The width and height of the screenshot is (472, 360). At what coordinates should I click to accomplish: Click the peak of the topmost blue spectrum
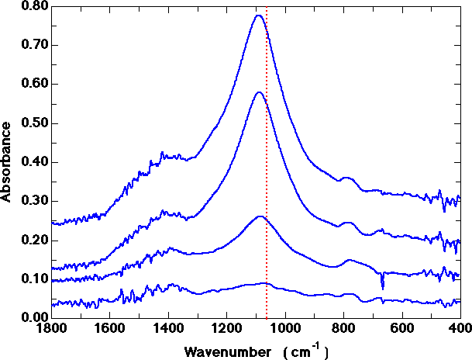click(x=259, y=16)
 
